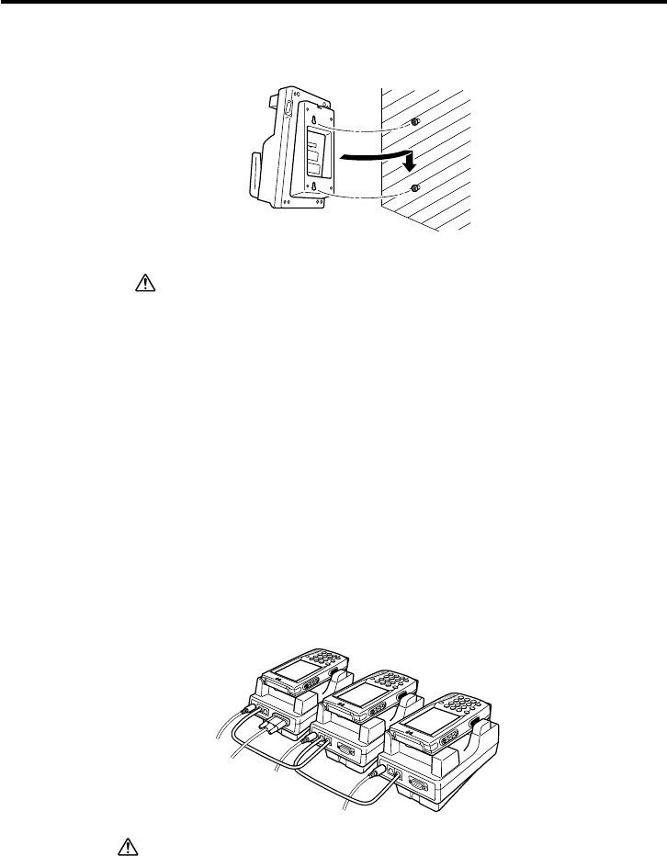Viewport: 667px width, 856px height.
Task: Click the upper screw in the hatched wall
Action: (415, 122)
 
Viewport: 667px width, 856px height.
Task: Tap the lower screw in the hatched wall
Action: (415, 188)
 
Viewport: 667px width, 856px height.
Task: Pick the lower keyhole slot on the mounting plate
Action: (317, 191)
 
